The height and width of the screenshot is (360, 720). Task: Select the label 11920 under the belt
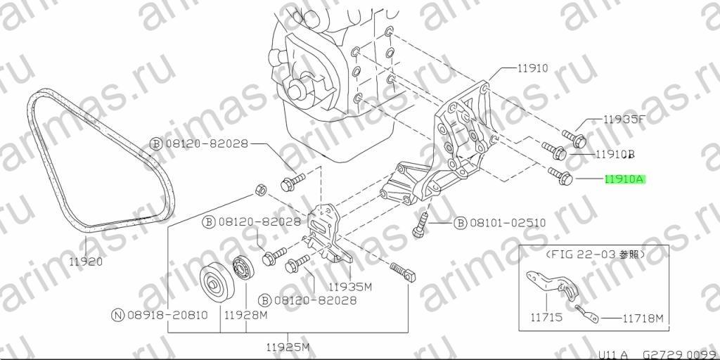(86, 262)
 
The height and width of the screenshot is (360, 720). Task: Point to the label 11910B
(615, 154)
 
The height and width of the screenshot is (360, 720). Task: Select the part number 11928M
(245, 315)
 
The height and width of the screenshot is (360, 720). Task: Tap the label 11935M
(349, 287)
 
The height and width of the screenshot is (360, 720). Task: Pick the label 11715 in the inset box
(547, 317)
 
